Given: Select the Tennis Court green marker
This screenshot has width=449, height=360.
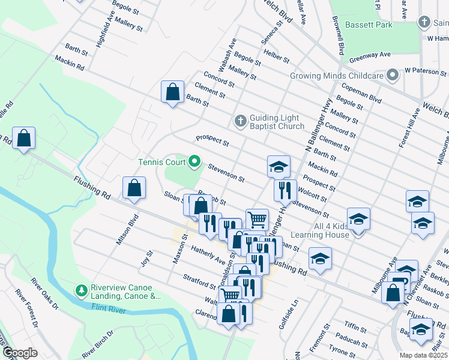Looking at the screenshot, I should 194,161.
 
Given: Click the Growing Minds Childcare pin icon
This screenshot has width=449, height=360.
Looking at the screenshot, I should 393,76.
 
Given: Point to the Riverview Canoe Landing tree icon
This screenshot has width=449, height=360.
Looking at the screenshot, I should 82,290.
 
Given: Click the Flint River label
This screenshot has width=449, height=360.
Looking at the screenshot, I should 106,307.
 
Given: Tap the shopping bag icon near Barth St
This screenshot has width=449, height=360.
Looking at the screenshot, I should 172,92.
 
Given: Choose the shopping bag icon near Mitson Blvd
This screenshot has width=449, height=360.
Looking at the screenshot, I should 134,187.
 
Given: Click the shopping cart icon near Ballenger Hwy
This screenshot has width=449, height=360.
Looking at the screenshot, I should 257,220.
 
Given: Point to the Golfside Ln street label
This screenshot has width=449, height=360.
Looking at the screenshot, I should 288,309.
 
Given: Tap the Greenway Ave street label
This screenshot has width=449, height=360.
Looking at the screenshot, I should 370,55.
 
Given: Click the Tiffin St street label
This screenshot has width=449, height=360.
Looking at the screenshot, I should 355,327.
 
